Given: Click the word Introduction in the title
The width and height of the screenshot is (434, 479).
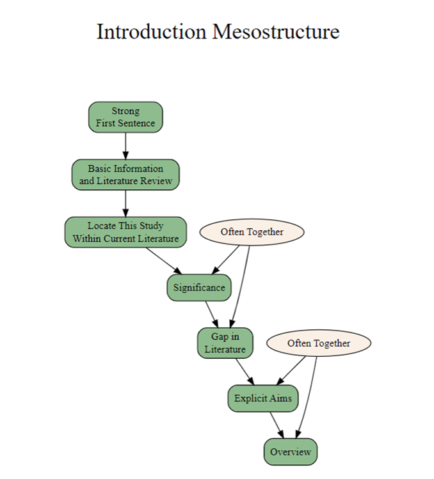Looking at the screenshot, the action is pyautogui.click(x=152, y=31).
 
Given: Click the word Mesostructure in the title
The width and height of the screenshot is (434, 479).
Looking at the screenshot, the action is pyautogui.click(x=276, y=31).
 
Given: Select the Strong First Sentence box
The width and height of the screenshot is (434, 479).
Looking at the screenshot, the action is pyautogui.click(x=125, y=117).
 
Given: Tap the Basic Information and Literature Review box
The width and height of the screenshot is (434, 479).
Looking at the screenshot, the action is pyautogui.click(x=125, y=175).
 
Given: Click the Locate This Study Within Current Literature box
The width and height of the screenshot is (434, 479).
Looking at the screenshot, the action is pyautogui.click(x=125, y=232).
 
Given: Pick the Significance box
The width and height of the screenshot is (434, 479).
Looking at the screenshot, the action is pyautogui.click(x=199, y=287).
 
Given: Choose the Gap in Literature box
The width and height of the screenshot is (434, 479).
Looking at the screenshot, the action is pyautogui.click(x=225, y=343).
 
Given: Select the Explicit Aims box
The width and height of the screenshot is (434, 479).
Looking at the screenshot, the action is pyautogui.click(x=263, y=398).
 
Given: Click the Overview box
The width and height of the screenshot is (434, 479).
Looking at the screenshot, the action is pyautogui.click(x=291, y=452).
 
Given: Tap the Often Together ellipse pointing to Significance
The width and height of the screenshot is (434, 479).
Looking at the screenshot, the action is pyautogui.click(x=252, y=232).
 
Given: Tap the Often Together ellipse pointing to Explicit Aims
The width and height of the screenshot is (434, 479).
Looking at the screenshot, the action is pyautogui.click(x=319, y=343).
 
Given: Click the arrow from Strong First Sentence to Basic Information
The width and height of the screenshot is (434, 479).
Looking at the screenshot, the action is pyautogui.click(x=125, y=146).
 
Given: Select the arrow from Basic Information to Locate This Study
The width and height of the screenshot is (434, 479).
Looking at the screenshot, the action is pyautogui.click(x=125, y=203).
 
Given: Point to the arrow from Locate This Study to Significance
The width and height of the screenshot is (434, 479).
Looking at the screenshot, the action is pyautogui.click(x=164, y=261).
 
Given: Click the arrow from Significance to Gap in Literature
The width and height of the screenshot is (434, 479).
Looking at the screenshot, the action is pyautogui.click(x=212, y=315).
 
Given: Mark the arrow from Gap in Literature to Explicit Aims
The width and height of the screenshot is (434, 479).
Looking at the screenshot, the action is pyautogui.click(x=245, y=372).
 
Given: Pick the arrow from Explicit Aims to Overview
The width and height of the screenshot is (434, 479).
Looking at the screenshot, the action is pyautogui.click(x=277, y=425).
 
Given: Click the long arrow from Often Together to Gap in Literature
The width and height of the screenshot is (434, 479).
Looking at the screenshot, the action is pyautogui.click(x=239, y=287).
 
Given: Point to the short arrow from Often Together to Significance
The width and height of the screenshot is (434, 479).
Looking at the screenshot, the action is pyautogui.click(x=226, y=260).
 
